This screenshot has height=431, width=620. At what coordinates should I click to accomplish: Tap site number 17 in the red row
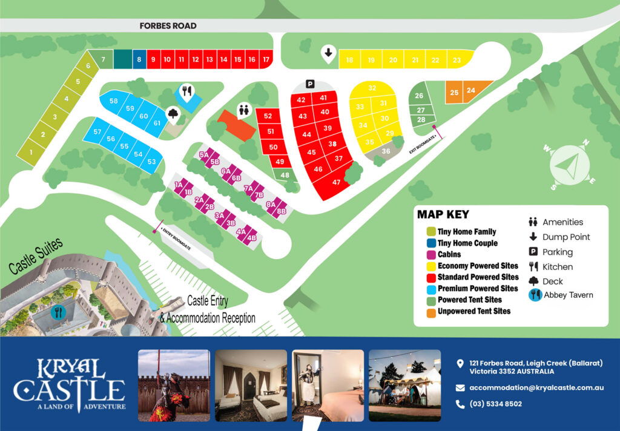pyautogui.click(x=266, y=59)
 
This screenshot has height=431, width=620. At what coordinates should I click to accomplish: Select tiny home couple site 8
pyautogui.click(x=139, y=59)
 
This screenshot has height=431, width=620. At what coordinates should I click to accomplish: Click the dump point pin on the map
pyautogui.click(x=328, y=53)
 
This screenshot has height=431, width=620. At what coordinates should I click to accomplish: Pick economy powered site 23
pyautogui.click(x=457, y=60)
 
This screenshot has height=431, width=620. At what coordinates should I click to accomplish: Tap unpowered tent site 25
pyautogui.click(x=454, y=93)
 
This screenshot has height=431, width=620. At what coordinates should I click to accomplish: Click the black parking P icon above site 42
pyautogui.click(x=311, y=84)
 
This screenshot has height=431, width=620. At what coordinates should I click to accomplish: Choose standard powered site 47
pyautogui.click(x=337, y=182)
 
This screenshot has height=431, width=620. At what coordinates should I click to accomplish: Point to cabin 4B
pyautogui.click(x=252, y=238)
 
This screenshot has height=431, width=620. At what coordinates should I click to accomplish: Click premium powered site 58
pyautogui.click(x=114, y=101)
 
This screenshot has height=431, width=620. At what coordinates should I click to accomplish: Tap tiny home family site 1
pyautogui.click(x=31, y=152)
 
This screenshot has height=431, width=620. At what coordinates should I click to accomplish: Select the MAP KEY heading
pyautogui.click(x=443, y=214)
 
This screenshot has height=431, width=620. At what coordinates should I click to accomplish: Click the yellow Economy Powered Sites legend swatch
pyautogui.click(x=430, y=266)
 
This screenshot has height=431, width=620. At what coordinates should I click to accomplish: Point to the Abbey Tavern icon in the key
pyautogui.click(x=534, y=295)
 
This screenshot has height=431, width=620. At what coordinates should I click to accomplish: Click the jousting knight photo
pyautogui.click(x=174, y=385)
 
